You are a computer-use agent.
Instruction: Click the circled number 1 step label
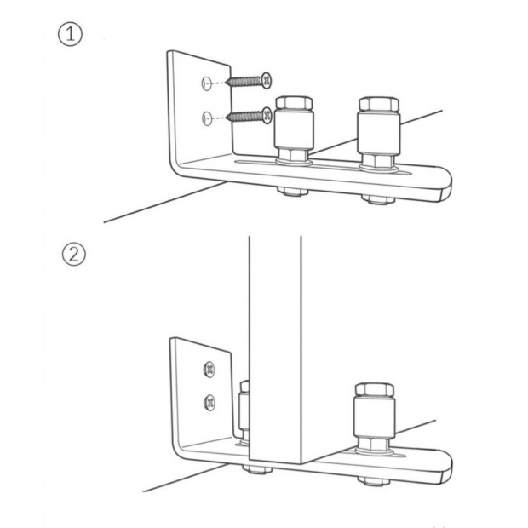pyautogui.click(x=70, y=34)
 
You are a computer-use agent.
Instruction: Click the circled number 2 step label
pyautogui.click(x=74, y=255)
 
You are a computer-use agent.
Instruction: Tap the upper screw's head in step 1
pyautogui.click(x=267, y=80)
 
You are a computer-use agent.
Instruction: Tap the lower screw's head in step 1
pyautogui.click(x=267, y=116)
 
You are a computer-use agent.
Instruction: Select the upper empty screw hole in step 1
pyautogui.click(x=206, y=83)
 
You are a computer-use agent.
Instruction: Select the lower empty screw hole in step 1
pyautogui.click(x=207, y=118)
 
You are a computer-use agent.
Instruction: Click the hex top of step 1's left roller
pyautogui.click(x=294, y=102)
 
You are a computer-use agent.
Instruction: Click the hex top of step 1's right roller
pyautogui.click(x=379, y=104)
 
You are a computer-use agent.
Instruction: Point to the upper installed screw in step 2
pyautogui.click(x=209, y=370)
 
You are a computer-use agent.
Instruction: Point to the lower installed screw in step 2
pyautogui.click(x=209, y=403)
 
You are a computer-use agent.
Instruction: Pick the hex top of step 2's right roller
pyautogui.click(x=375, y=389)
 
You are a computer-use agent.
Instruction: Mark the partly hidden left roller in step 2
pyautogui.click(x=244, y=411)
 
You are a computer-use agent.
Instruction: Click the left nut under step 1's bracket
pyautogui.click(x=293, y=192)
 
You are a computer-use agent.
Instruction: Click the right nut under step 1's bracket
pyautogui.click(x=378, y=199)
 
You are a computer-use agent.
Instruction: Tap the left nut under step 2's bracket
pyautogui.click(x=257, y=468)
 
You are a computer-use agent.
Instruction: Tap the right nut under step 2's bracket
pyautogui.click(x=374, y=481)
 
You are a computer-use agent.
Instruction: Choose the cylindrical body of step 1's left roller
pyautogui.click(x=294, y=129)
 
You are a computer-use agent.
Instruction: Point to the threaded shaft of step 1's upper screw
pyautogui.click(x=244, y=81)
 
